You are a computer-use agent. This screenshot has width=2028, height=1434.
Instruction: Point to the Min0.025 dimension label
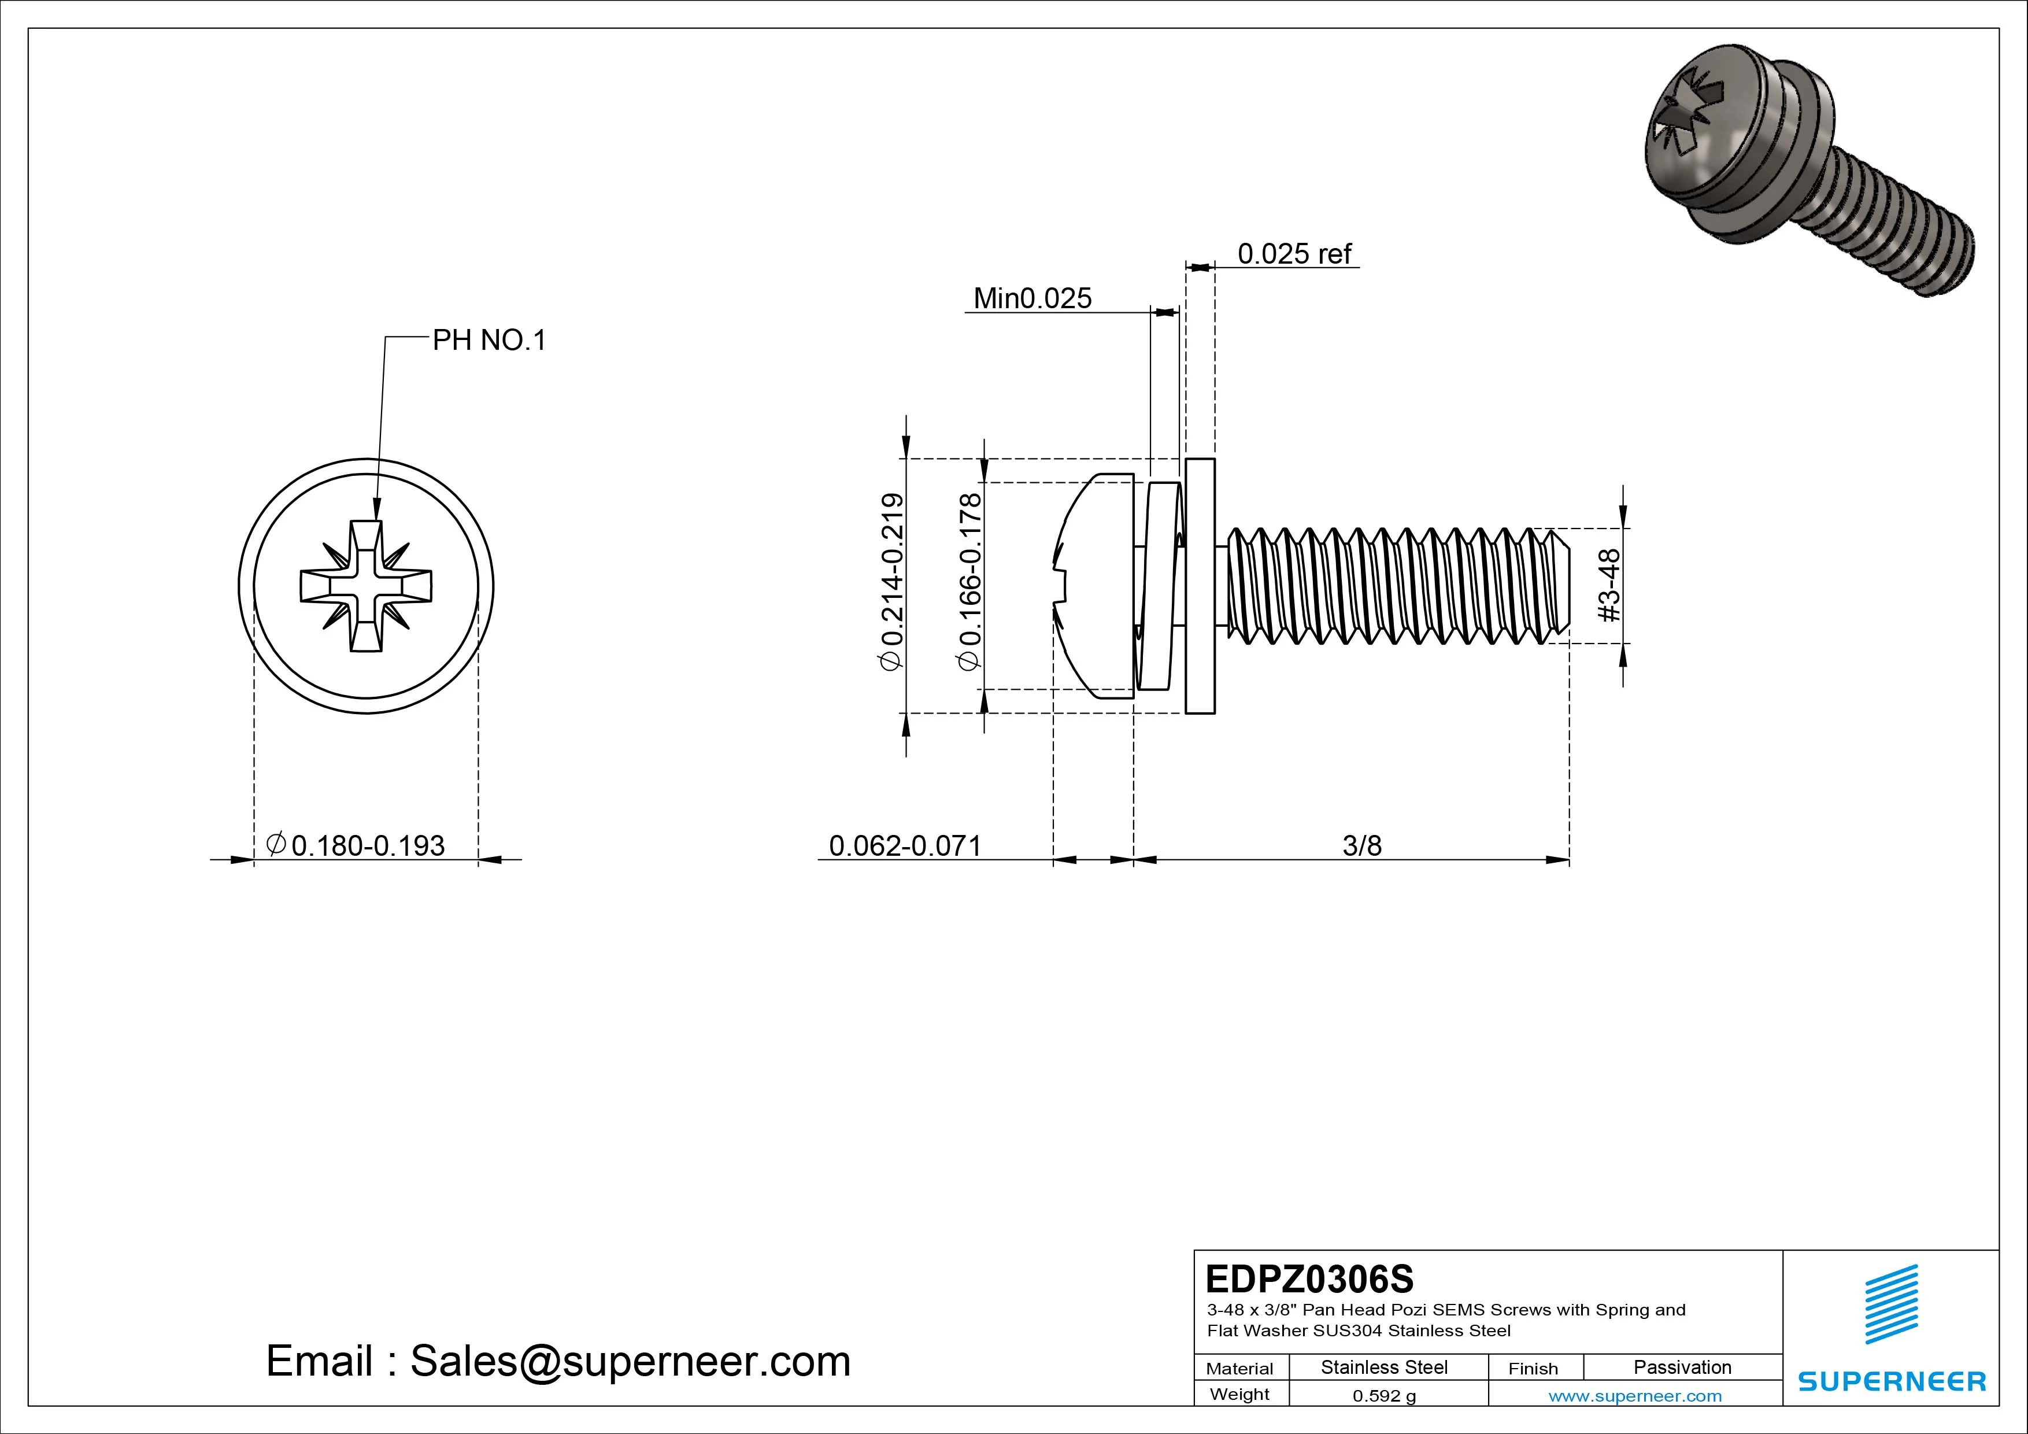click(x=1032, y=298)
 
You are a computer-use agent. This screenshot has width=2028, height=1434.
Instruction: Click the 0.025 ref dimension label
click(x=1294, y=254)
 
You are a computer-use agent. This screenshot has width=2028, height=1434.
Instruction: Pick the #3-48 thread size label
click(x=1609, y=585)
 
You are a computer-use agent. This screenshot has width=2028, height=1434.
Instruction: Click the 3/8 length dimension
click(x=1361, y=845)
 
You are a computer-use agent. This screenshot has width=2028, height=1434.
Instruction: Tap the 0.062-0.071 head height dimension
click(x=905, y=845)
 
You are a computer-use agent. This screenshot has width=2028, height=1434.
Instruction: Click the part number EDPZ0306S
click(x=1309, y=1278)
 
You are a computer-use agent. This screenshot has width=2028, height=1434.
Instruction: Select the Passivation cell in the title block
click(x=1682, y=1367)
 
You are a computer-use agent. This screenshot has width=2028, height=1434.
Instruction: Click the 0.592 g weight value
click(x=1384, y=1396)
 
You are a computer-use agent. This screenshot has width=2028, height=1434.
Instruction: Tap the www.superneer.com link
click(x=1635, y=1396)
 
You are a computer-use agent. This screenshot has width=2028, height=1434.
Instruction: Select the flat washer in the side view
click(x=1200, y=586)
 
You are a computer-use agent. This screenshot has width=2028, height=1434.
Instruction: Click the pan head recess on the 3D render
click(x=1687, y=124)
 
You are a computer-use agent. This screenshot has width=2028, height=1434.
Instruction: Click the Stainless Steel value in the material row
click(x=1384, y=1367)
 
